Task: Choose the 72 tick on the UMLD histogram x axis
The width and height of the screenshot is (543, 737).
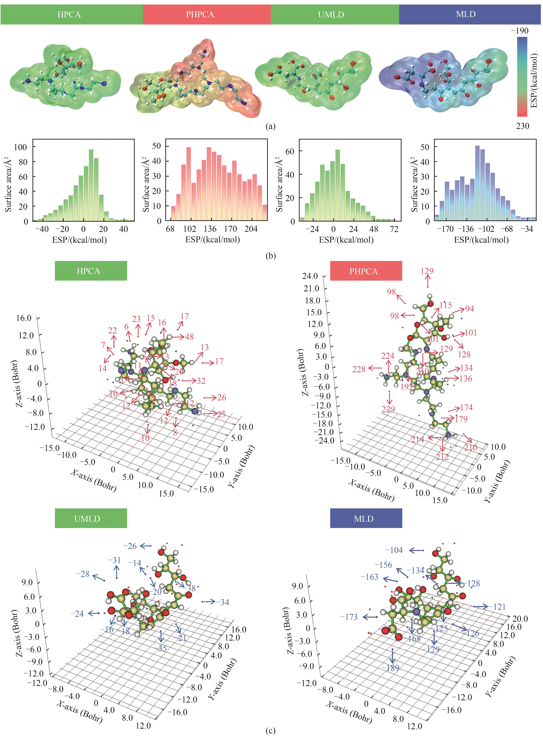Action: click(394, 229)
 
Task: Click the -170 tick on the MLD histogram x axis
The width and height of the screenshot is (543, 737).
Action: click(445, 229)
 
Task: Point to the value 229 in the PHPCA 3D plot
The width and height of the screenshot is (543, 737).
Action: click(388, 409)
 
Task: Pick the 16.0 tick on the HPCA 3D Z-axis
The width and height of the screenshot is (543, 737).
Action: click(24, 318)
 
